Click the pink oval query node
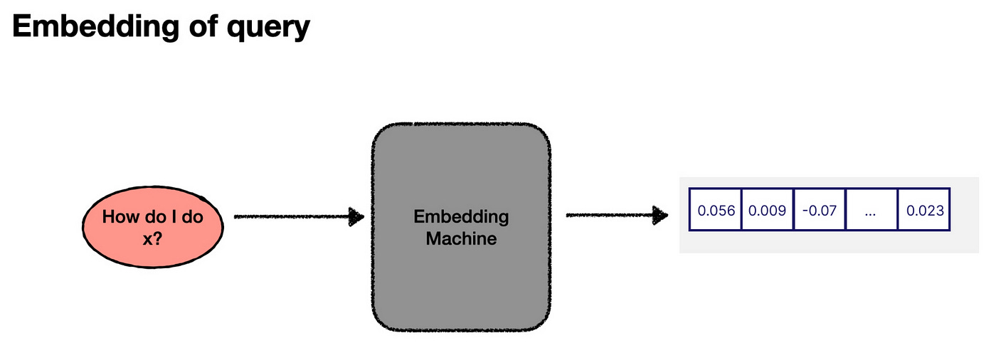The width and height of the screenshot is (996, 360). click(153, 226)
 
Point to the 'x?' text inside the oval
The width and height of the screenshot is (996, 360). click(152, 240)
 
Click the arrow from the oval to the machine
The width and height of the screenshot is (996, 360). click(292, 217)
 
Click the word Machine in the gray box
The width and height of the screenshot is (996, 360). click(461, 238)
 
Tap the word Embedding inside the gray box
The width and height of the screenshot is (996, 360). click(461, 217)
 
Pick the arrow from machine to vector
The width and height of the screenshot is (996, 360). click(612, 215)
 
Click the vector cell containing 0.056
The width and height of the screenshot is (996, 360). click(716, 211)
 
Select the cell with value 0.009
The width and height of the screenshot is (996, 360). click(768, 211)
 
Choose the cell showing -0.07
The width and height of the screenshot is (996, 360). click(820, 211)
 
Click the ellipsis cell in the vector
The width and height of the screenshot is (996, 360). click(871, 211)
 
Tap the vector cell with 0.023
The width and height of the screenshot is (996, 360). click(923, 211)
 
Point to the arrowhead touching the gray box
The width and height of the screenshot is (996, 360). click(356, 217)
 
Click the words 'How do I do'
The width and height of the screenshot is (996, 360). click(152, 217)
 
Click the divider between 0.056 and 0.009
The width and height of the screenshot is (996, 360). click(742, 210)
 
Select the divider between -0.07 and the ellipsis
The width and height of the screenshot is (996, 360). click(846, 210)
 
